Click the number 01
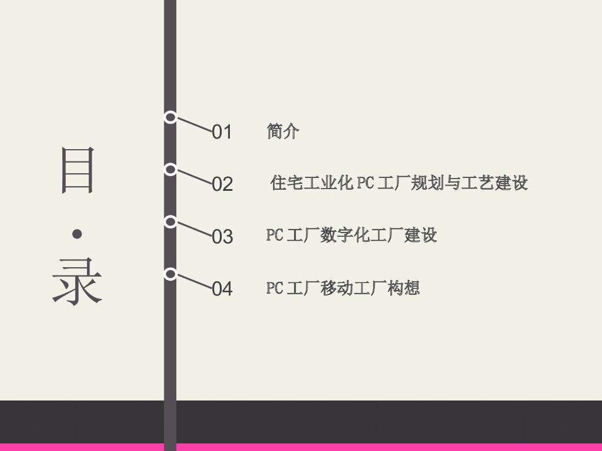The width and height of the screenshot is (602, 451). (x=222, y=132)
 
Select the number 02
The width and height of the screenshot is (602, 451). (x=222, y=184)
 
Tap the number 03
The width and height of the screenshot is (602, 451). (x=222, y=237)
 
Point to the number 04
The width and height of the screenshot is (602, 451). (x=222, y=289)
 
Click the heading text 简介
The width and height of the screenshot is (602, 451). (x=283, y=131)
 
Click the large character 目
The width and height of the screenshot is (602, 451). (x=78, y=170)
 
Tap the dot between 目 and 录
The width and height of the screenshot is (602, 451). (x=77, y=234)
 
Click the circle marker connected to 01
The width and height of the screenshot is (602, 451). (x=170, y=117)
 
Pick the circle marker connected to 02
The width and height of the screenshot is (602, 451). (x=170, y=170)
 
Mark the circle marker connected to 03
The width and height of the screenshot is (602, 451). (x=170, y=222)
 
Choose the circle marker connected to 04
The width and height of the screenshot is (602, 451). (x=170, y=274)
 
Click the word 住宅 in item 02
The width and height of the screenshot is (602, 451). (x=287, y=183)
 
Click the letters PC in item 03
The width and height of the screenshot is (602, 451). (x=275, y=235)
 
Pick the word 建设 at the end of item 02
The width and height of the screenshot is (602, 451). (x=511, y=183)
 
